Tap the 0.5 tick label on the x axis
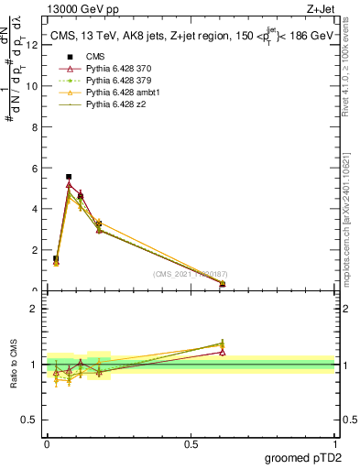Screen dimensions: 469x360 191,444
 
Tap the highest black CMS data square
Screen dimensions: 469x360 69,176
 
